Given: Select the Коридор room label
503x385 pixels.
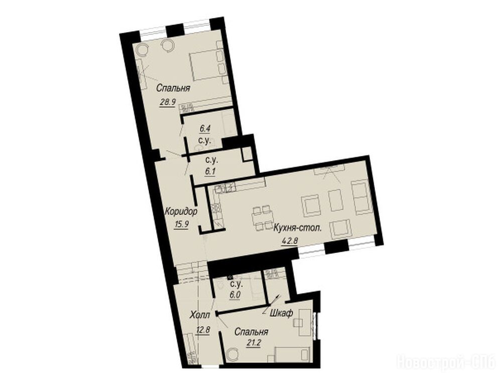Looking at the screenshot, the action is pyautogui.click(x=181, y=212).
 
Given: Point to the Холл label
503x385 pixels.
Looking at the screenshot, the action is pyautogui.click(x=200, y=315).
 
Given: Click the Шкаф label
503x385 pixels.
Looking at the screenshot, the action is pyautogui.click(x=281, y=313).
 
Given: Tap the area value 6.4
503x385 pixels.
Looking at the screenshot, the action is pyautogui.click(x=205, y=129).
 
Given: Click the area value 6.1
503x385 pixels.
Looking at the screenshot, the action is pyautogui.click(x=210, y=171).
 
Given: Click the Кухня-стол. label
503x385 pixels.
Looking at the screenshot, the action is pyautogui.click(x=298, y=228).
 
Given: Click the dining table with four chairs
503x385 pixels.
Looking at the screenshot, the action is pyautogui.click(x=263, y=218).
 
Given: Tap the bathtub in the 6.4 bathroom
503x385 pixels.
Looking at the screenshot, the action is pyautogui.click(x=228, y=124).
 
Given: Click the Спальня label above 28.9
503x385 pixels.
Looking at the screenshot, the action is pyautogui.click(x=173, y=88).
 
